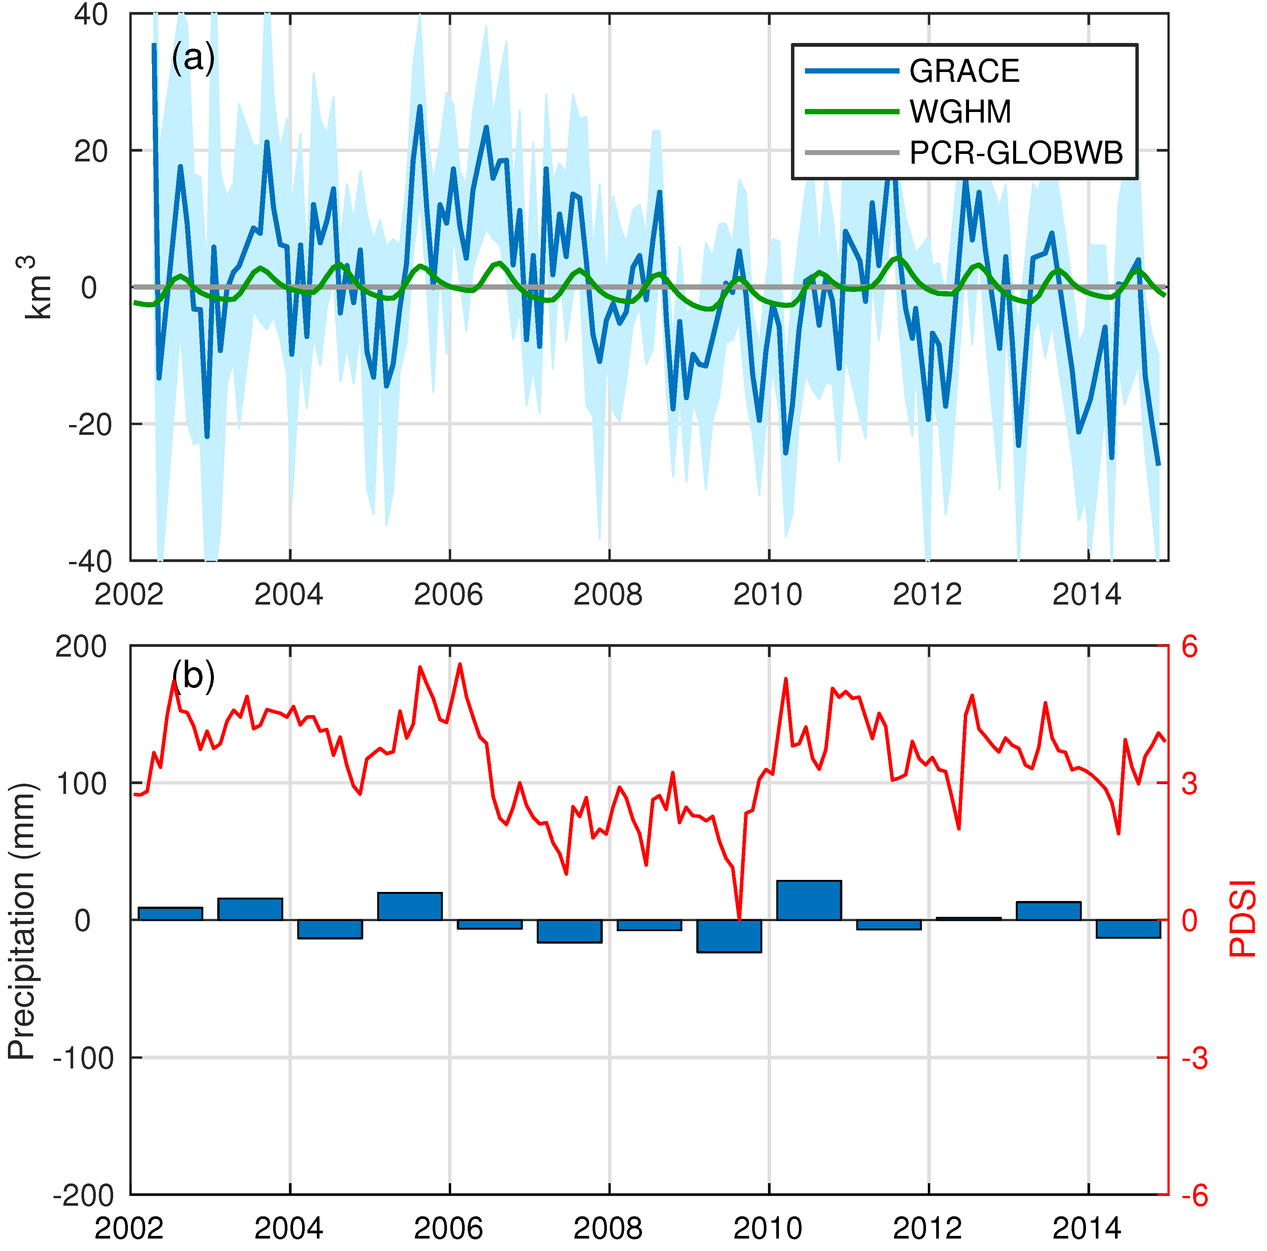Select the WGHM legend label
(x=960, y=112)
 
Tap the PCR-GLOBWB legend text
(x=1015, y=153)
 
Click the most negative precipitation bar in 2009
(x=729, y=936)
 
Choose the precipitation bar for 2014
(x=1128, y=929)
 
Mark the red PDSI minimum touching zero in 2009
(x=740, y=918)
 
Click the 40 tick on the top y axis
(x=91, y=14)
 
